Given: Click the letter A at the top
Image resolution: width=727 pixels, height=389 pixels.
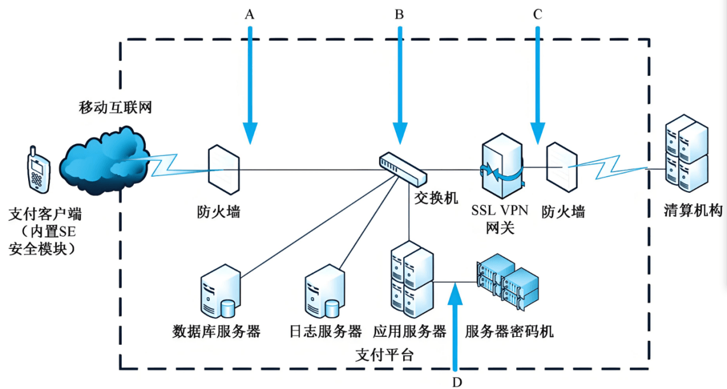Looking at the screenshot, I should tap(249, 15).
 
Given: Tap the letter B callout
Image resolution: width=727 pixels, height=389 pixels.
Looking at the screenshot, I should tap(399, 15).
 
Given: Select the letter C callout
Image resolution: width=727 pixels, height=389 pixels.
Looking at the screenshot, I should tap(537, 15).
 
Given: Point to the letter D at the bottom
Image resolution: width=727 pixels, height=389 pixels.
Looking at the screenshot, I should tap(457, 381).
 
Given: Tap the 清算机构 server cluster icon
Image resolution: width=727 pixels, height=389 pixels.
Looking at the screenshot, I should tap(686, 153).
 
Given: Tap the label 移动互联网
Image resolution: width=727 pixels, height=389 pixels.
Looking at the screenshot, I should tap(115, 107).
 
